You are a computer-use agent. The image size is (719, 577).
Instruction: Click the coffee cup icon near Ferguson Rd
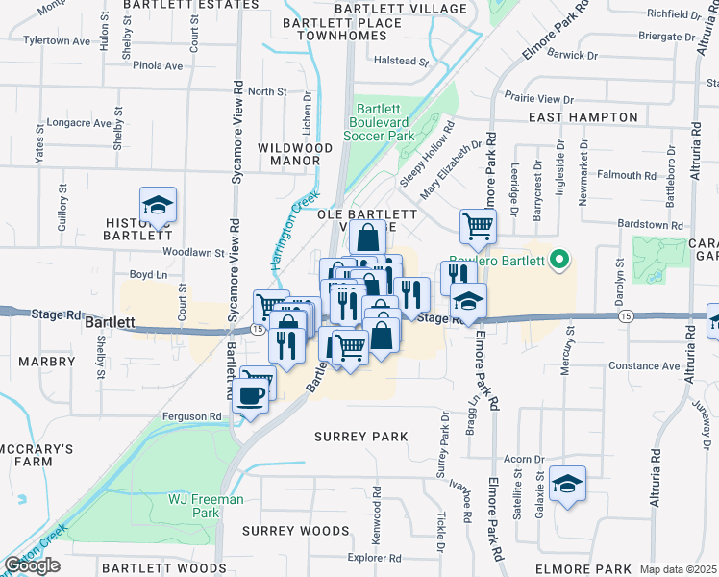tap(251, 395)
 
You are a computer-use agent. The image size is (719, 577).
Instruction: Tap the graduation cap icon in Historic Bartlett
tap(157, 205)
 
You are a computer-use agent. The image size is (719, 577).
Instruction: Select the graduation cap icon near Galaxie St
tap(568, 485)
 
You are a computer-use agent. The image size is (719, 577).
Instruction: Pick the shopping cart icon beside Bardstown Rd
tap(478, 227)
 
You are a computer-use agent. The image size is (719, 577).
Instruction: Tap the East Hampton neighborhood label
tap(583, 117)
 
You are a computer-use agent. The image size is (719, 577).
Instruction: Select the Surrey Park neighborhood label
tap(361, 437)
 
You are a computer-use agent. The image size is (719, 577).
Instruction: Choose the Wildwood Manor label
tap(295, 155)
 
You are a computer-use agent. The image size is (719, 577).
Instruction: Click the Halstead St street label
tap(401, 61)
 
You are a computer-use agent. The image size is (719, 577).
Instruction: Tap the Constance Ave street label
tap(644, 366)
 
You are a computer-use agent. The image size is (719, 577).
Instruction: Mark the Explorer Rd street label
tap(374, 557)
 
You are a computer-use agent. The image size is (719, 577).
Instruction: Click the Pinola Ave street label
tap(159, 66)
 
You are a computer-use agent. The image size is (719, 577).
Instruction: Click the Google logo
tap(32, 565)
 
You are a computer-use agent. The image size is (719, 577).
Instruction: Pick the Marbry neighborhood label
tap(45, 362)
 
